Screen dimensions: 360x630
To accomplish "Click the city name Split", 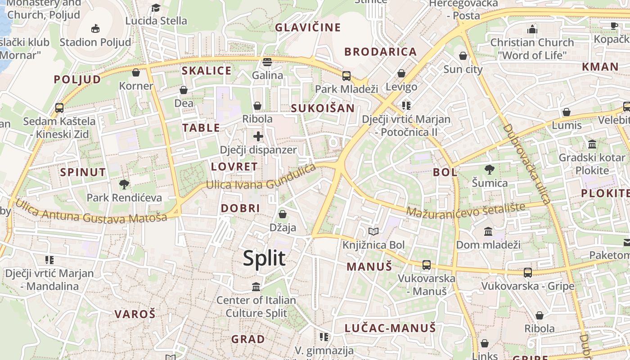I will point(264,258).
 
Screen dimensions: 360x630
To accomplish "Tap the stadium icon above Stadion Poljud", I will point(95,29).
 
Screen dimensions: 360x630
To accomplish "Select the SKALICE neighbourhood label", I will point(206,71).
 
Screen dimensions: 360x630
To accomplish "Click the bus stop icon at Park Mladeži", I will point(346,76).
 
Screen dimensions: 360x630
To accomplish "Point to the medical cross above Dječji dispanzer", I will point(258,136).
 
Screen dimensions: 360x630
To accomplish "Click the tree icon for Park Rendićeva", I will point(124,184).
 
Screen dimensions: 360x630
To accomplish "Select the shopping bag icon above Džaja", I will point(283,214).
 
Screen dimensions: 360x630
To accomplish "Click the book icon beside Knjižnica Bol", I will point(373,232).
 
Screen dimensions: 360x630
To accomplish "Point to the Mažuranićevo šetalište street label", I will point(466,210).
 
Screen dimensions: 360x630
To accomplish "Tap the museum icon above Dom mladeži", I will point(488,231).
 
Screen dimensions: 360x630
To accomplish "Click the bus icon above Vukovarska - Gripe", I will point(528,273).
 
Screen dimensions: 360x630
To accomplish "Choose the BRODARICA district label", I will point(381,52).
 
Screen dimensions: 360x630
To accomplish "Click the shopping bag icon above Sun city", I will point(463,56).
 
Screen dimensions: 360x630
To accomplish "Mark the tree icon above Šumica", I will point(490,170).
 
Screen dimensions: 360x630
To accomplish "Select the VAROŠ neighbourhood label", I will point(135,314).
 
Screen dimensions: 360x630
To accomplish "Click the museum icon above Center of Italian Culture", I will point(256,287).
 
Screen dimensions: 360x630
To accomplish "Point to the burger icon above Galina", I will point(267,62).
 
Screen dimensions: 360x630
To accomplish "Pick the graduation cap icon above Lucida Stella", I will point(156,8).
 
